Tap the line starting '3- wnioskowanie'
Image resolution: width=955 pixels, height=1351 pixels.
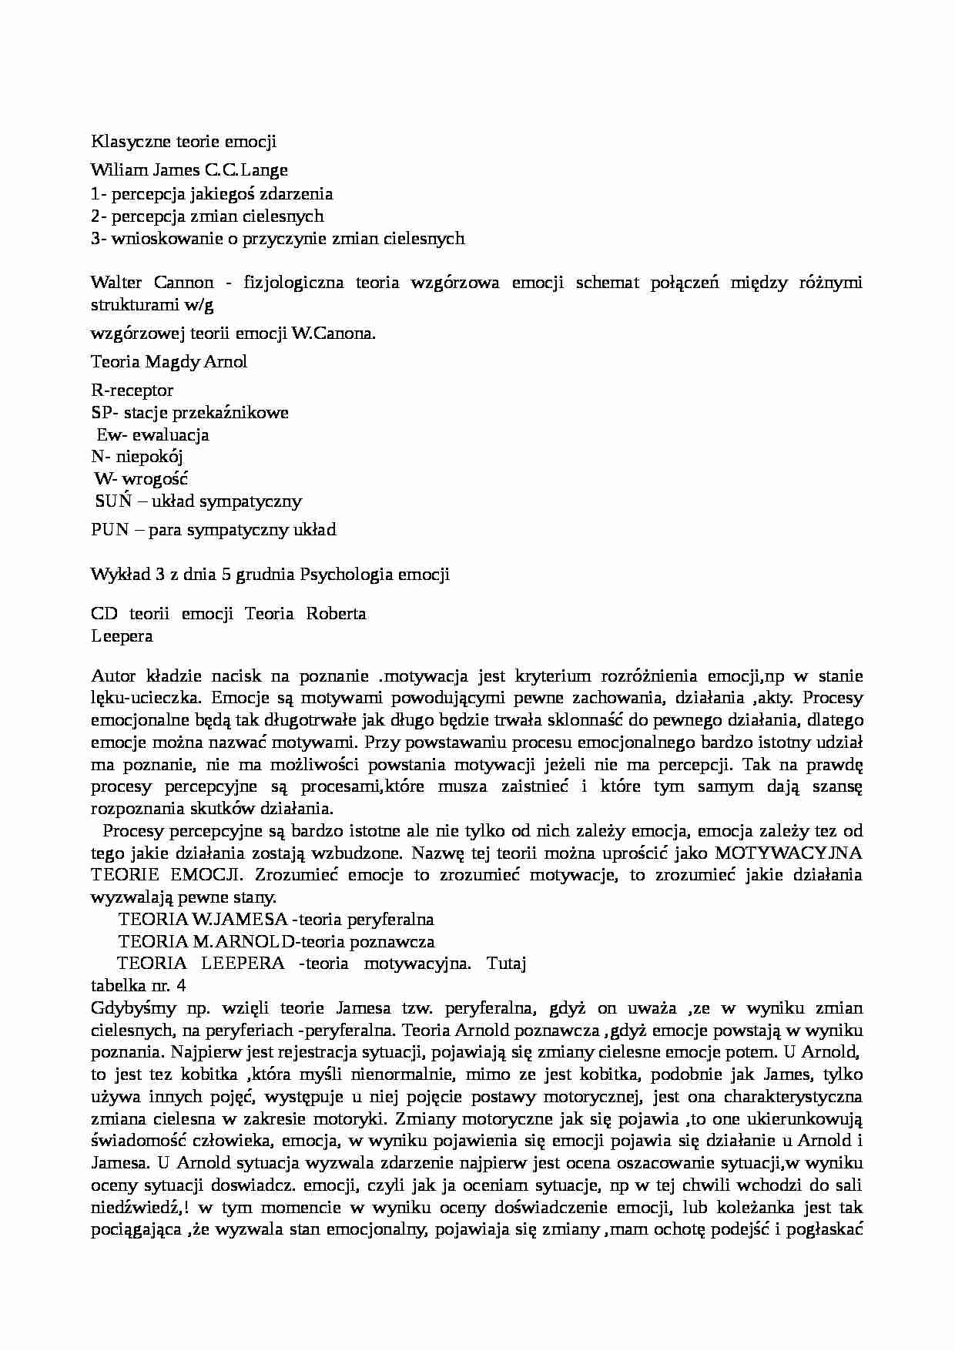(x=277, y=239)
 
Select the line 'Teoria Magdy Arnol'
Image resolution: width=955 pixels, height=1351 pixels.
(x=169, y=362)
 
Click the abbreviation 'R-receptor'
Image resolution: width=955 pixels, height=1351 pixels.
(x=132, y=391)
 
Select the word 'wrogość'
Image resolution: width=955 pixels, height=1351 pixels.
(x=155, y=479)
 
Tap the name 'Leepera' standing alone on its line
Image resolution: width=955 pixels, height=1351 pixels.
(x=122, y=636)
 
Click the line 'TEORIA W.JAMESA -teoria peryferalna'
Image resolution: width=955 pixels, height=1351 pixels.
(x=276, y=920)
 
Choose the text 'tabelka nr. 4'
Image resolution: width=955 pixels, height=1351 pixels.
(x=138, y=986)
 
